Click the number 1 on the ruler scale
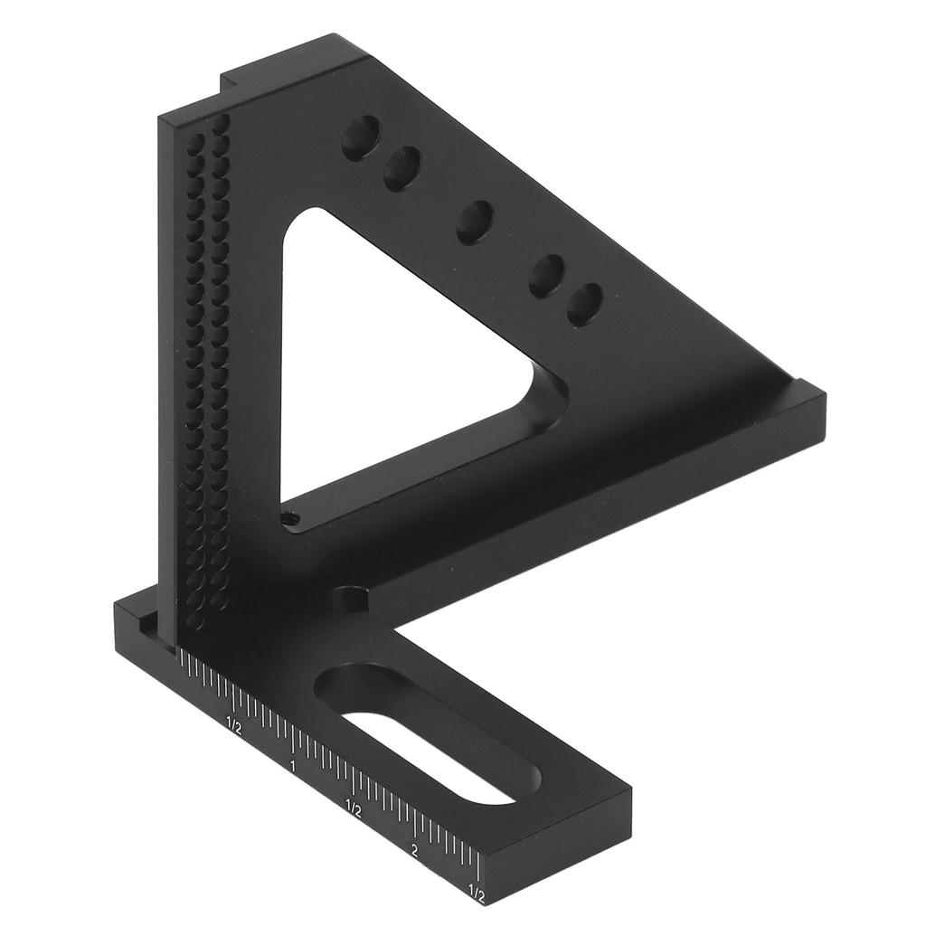click(x=292, y=767)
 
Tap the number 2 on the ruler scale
click(x=413, y=851)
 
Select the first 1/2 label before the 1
click(x=232, y=725)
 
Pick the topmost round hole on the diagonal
click(x=361, y=137)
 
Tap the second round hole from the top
click(x=402, y=168)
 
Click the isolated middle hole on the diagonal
click(x=476, y=222)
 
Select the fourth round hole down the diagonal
click(x=547, y=276)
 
